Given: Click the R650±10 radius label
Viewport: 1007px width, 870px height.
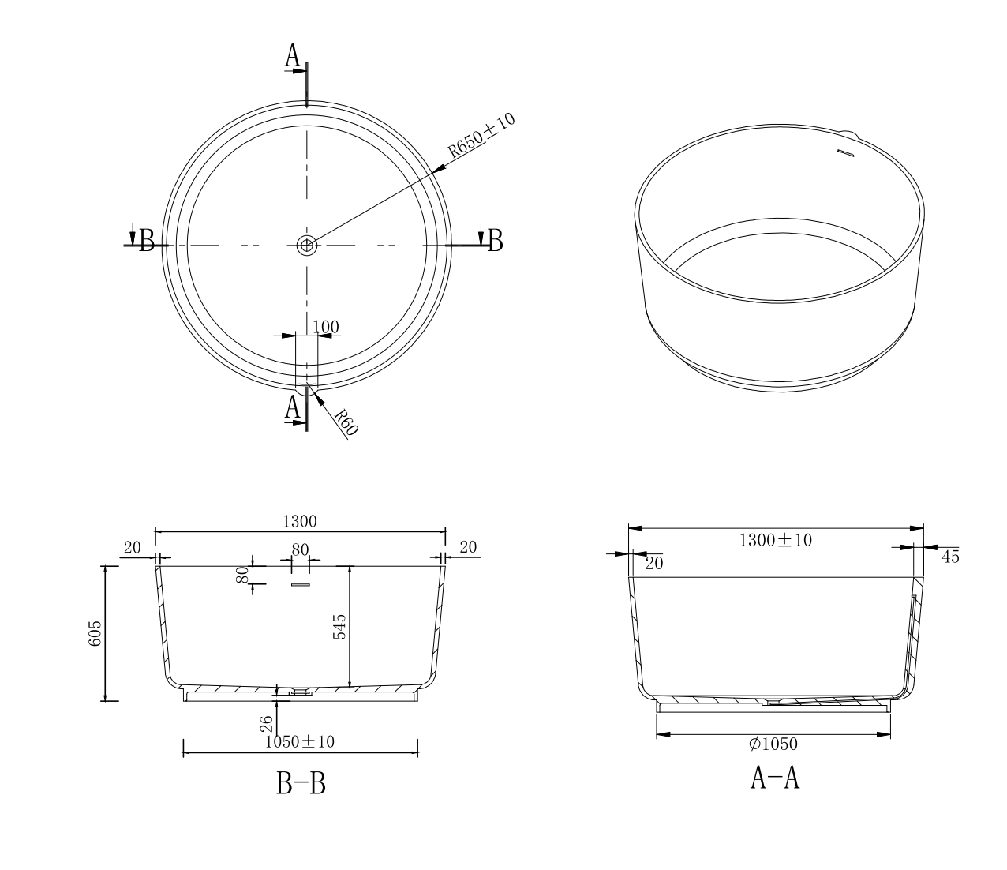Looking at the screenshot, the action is [481, 134].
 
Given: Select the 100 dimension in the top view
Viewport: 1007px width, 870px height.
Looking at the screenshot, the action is [325, 327].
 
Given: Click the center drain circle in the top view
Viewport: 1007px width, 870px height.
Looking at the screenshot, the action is [306, 246].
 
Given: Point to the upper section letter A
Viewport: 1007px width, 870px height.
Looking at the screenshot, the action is [292, 55].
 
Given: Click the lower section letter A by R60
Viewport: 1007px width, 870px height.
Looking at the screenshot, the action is [292, 407].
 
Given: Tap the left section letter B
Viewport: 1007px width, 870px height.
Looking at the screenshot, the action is [147, 240].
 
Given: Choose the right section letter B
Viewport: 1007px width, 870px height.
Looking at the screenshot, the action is [495, 240].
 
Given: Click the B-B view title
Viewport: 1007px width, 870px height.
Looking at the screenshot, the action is [301, 783].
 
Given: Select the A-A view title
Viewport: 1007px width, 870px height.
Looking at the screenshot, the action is [775, 778].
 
